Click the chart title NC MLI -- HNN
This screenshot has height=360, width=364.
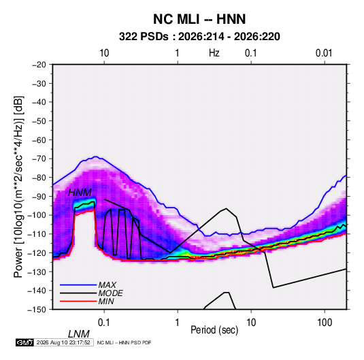click(x=199, y=19)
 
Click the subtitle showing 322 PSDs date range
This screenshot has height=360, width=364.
click(x=199, y=37)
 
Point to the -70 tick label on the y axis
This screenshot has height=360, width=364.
click(x=39, y=159)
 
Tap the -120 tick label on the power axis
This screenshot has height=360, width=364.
click(x=37, y=252)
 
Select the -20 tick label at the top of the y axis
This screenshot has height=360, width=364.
click(x=39, y=65)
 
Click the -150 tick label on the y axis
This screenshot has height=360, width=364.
click(x=37, y=310)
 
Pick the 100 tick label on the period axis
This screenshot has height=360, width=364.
click(x=325, y=323)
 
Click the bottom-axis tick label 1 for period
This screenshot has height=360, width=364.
click(x=178, y=323)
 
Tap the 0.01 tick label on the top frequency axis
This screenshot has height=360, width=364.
click(x=324, y=53)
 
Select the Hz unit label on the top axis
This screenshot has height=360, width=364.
click(x=214, y=53)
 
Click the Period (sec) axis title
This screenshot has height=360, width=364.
click(x=214, y=330)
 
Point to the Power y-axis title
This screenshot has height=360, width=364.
click(x=18, y=187)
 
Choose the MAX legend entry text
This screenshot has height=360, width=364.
click(x=107, y=284)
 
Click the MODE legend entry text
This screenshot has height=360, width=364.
click(x=110, y=293)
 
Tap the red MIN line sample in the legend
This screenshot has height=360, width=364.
click(x=78, y=301)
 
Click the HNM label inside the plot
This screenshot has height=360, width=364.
click(x=80, y=193)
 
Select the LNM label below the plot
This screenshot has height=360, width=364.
click(x=79, y=334)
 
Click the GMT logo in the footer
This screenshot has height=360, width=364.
click(x=24, y=342)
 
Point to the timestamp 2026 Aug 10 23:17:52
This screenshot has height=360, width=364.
click(x=63, y=342)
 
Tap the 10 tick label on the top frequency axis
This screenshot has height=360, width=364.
click(x=104, y=53)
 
